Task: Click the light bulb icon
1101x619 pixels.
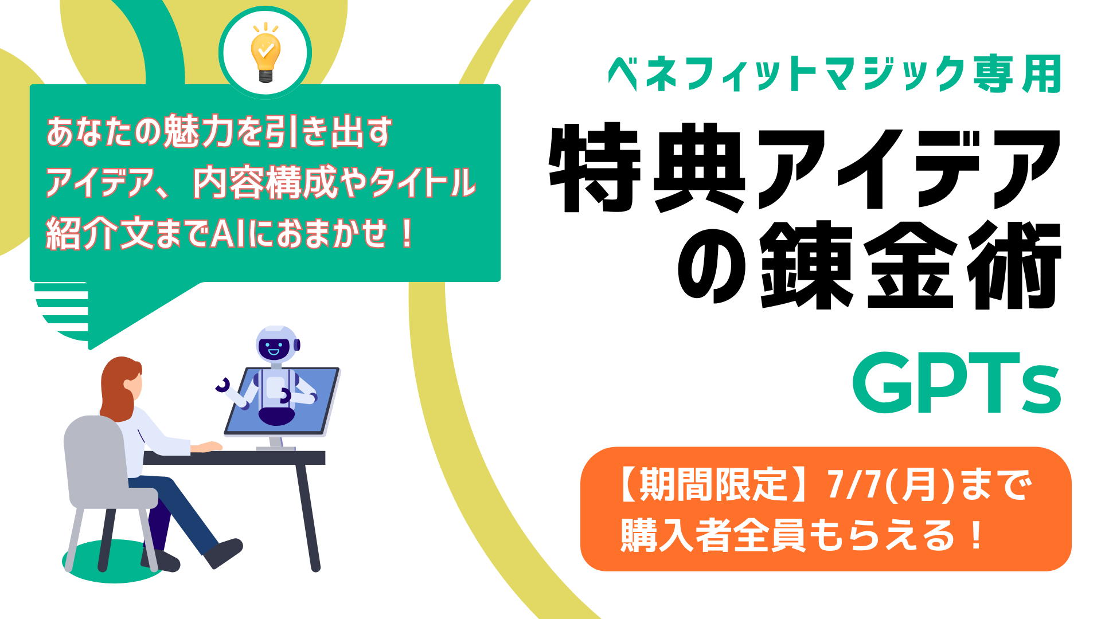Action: [x=265, y=53]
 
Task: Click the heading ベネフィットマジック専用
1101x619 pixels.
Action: [x=834, y=74]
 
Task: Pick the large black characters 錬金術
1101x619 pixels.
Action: [x=911, y=265]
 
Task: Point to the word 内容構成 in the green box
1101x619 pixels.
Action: [x=264, y=183]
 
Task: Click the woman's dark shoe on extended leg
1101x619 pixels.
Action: [x=224, y=551]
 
